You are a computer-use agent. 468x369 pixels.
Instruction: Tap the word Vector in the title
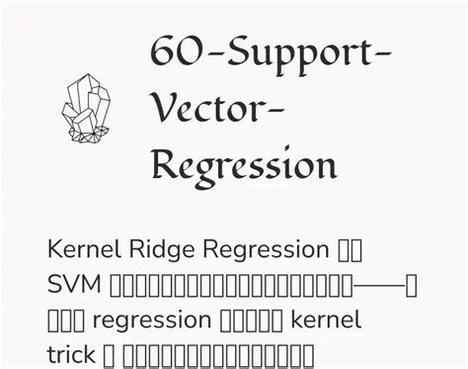(207, 108)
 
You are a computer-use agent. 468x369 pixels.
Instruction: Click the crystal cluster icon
(87, 108)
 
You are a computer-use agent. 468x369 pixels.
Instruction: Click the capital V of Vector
(165, 107)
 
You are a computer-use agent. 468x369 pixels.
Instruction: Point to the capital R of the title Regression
(169, 163)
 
